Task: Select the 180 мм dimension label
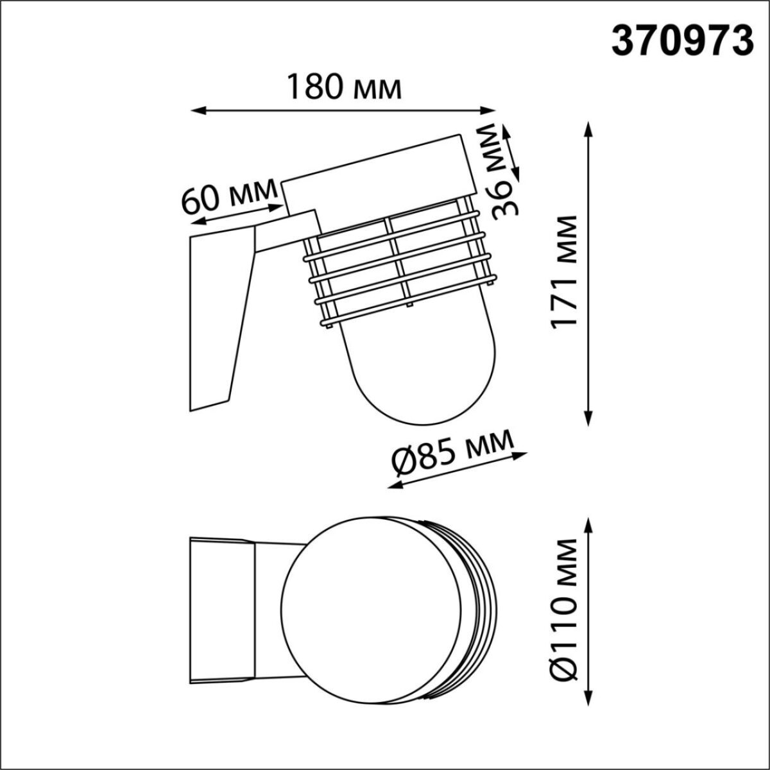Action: coord(344,88)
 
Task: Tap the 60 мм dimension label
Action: coord(229,198)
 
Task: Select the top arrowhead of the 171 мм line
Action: coord(587,125)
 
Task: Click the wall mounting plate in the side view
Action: coord(215,321)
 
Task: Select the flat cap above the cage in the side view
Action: coord(379,180)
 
